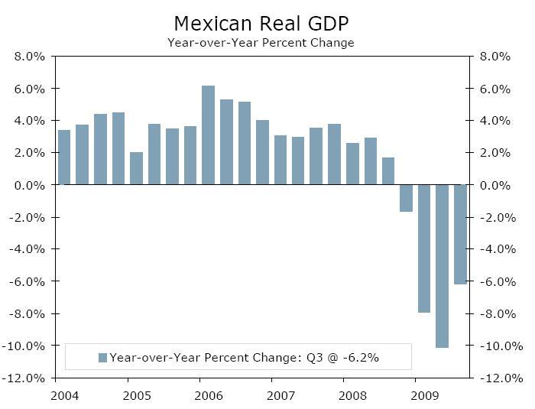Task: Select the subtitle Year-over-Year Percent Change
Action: pyautogui.click(x=261, y=43)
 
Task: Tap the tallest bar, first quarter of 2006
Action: pyautogui.click(x=208, y=135)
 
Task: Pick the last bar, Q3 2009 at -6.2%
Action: pyautogui.click(x=460, y=234)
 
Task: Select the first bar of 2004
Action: pyautogui.click(x=64, y=157)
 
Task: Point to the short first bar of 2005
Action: pyautogui.click(x=136, y=168)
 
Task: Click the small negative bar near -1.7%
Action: pyautogui.click(x=406, y=198)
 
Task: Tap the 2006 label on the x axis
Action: pyautogui.click(x=209, y=397)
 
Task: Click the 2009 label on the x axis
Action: pyautogui.click(x=424, y=397)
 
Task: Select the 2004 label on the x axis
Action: pyautogui.click(x=64, y=397)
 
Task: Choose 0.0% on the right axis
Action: pyautogui.click(x=495, y=185)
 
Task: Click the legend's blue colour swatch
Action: pyautogui.click(x=102, y=357)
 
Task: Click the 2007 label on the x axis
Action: pyautogui.click(x=280, y=397)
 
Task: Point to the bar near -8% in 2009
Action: pyautogui.click(x=424, y=248)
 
